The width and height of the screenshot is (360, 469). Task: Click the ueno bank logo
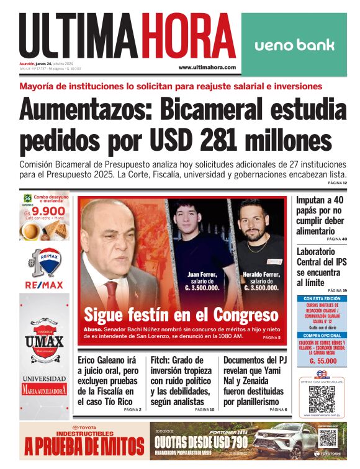(294, 45)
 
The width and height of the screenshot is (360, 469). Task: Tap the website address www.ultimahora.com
(207, 67)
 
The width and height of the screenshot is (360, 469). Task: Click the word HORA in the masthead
(189, 37)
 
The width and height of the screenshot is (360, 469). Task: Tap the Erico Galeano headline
(109, 380)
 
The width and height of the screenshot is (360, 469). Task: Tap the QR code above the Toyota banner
(322, 398)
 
